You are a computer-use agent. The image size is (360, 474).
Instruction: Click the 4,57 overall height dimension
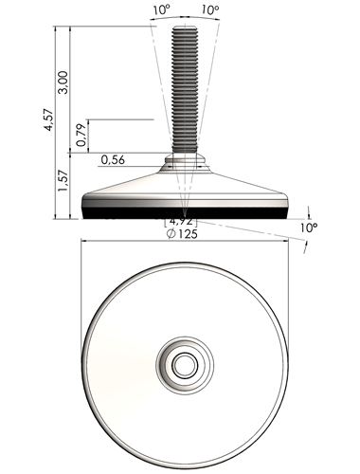[x=49, y=120]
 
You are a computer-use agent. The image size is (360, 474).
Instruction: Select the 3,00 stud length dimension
[x=63, y=82]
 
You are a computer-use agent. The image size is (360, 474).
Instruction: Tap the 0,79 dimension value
[x=81, y=136]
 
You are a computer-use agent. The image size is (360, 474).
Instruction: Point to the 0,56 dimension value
[x=113, y=160]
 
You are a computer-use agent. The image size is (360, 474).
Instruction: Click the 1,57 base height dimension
[x=63, y=181]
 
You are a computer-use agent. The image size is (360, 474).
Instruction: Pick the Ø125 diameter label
[x=182, y=234]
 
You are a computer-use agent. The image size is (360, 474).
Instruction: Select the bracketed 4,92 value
[x=181, y=221]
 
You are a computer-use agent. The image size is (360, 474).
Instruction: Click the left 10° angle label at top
[x=162, y=10]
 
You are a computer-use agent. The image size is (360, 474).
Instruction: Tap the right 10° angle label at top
[x=210, y=10]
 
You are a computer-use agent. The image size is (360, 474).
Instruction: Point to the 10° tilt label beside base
[x=309, y=228]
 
